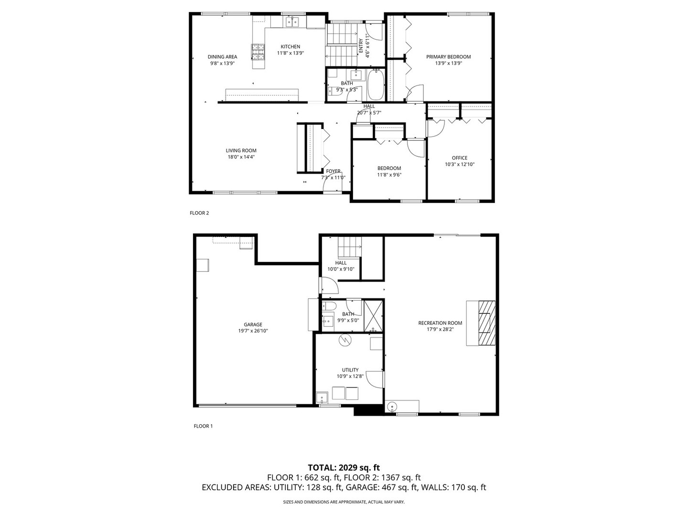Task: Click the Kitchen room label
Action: click(290, 47)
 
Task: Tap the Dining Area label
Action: click(222, 57)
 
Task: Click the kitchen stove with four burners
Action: click(258, 52)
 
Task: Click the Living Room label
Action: click(241, 150)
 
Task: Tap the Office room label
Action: click(460, 158)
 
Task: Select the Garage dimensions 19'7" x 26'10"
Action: click(253, 331)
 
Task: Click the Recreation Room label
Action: click(440, 323)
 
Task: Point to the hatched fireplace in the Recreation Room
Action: click(487, 322)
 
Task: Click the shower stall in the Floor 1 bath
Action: click(373, 316)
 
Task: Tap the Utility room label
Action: click(350, 370)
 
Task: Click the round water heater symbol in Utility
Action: click(344, 340)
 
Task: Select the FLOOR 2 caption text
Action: click(199, 213)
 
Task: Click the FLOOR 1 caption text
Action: click(203, 426)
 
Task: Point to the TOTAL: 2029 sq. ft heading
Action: click(344, 467)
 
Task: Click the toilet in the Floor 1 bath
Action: click(330, 306)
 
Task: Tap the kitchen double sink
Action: click(292, 21)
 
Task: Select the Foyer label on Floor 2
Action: click(333, 171)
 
